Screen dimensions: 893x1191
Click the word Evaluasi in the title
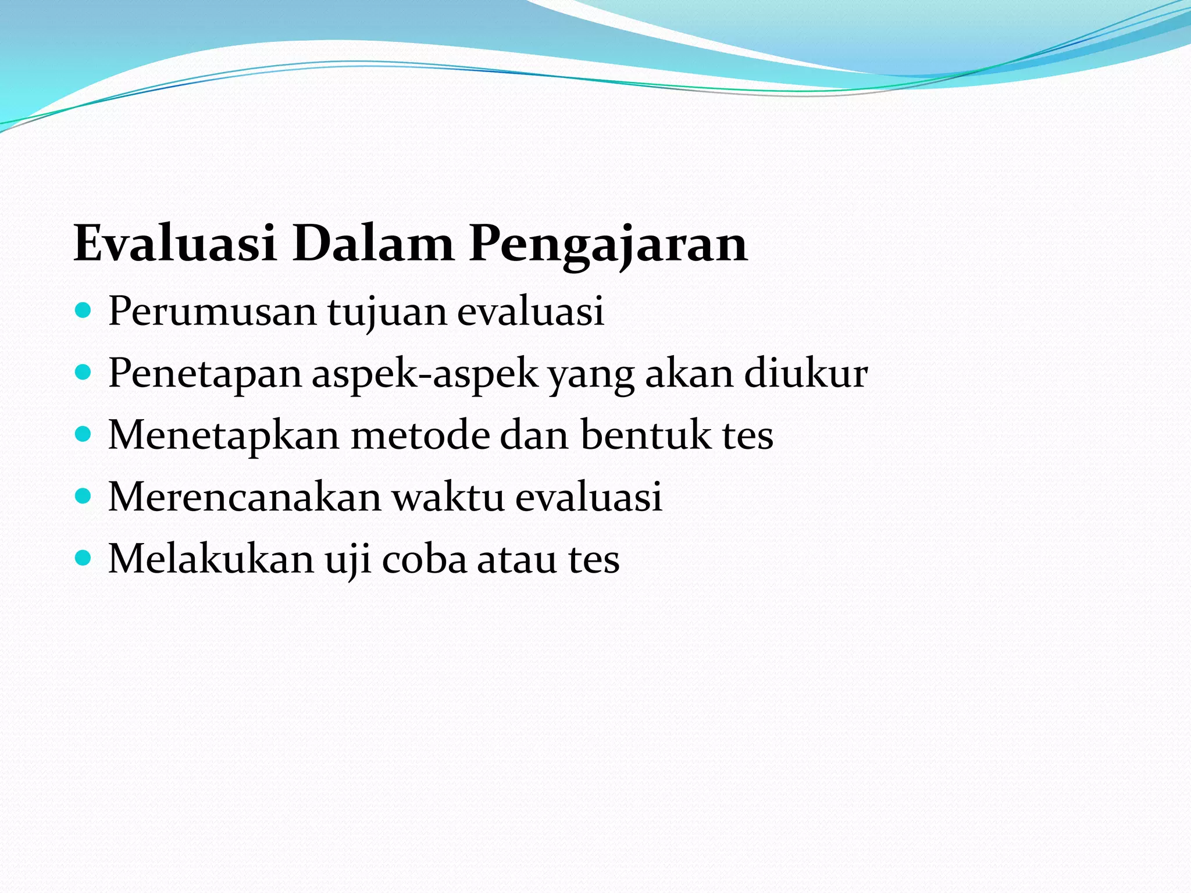click(174, 244)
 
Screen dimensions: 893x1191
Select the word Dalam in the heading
click(372, 244)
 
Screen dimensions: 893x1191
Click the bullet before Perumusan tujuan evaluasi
click(84, 310)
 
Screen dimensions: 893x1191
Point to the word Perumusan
click(212, 312)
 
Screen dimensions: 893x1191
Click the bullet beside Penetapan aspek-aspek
click(84, 373)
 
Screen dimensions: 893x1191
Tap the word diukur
click(806, 373)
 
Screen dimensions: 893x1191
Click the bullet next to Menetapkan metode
click(84, 434)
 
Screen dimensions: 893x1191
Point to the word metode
click(420, 434)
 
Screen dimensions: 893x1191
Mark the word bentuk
click(646, 434)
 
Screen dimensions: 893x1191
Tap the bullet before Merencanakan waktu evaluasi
click(84, 496)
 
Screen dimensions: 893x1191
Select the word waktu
click(448, 496)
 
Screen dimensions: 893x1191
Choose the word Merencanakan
click(245, 496)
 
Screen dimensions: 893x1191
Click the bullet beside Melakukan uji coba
click(84, 558)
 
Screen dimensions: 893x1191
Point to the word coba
click(425, 558)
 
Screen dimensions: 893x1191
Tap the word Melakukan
click(211, 558)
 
